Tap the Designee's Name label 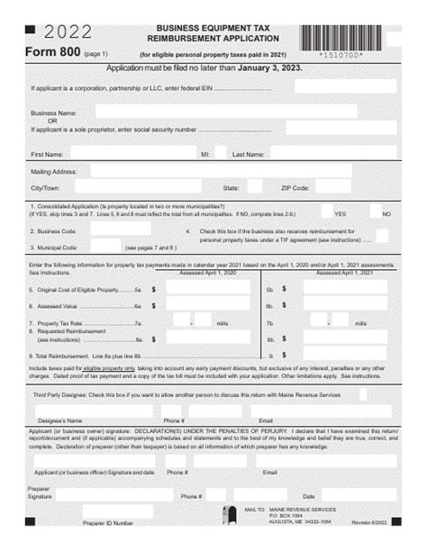click(x=62, y=420)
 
